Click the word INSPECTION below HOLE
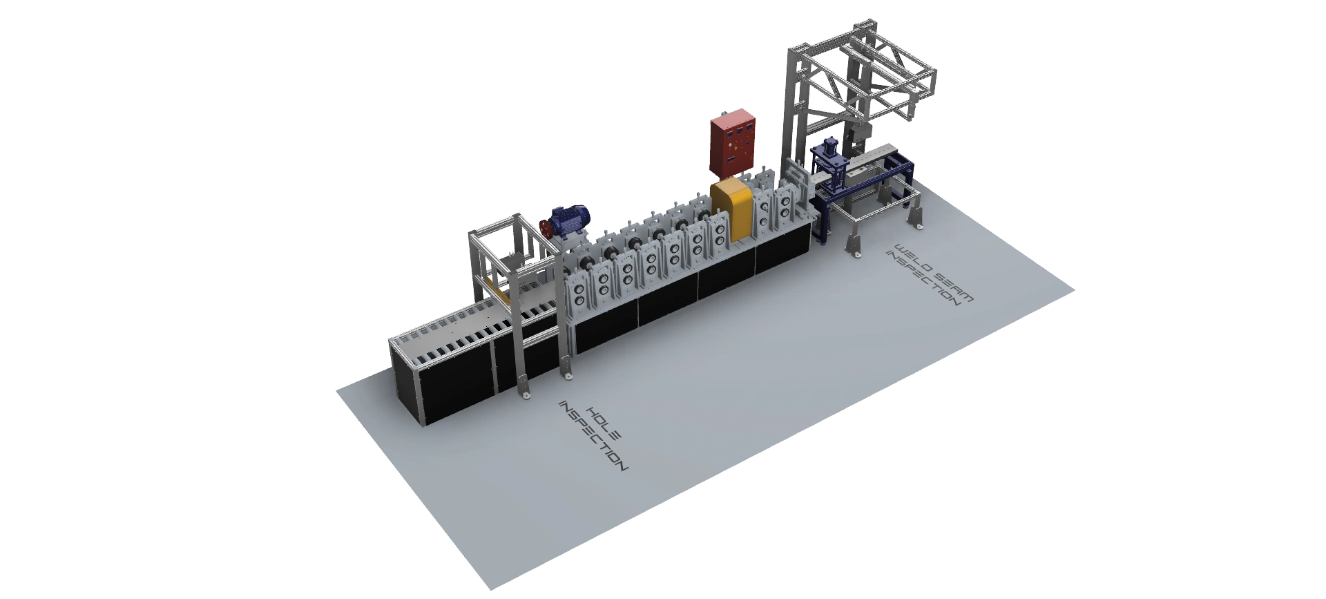coord(593,435)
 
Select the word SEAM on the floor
coord(952,287)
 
